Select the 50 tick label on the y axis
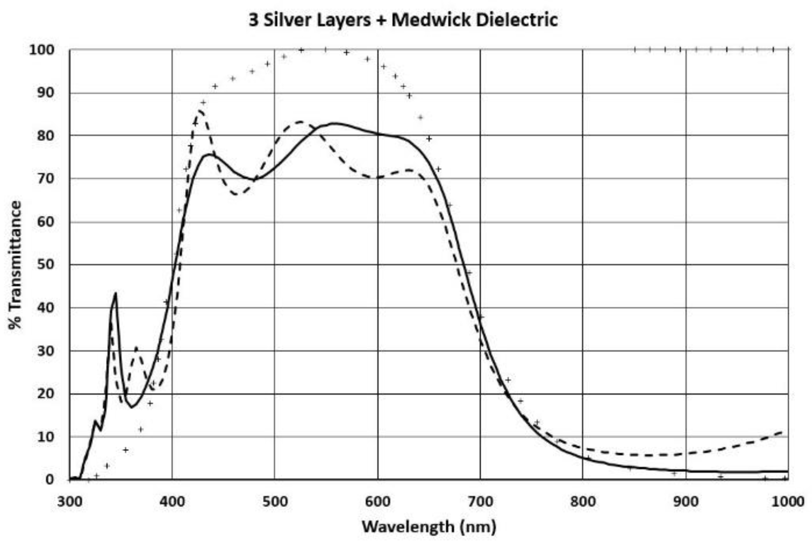[x=46, y=265]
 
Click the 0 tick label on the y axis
[x=49, y=479]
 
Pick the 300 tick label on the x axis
[x=70, y=501]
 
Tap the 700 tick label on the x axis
[x=480, y=501]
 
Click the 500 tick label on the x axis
[x=275, y=501]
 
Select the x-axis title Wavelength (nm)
[x=429, y=527]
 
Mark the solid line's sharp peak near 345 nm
[x=116, y=293]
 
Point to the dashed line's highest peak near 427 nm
[x=200, y=111]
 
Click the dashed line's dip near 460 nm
[x=237, y=194]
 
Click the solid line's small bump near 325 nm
[x=95, y=421]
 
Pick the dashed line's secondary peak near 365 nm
[x=136, y=347]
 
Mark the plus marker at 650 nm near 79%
[x=429, y=138]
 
